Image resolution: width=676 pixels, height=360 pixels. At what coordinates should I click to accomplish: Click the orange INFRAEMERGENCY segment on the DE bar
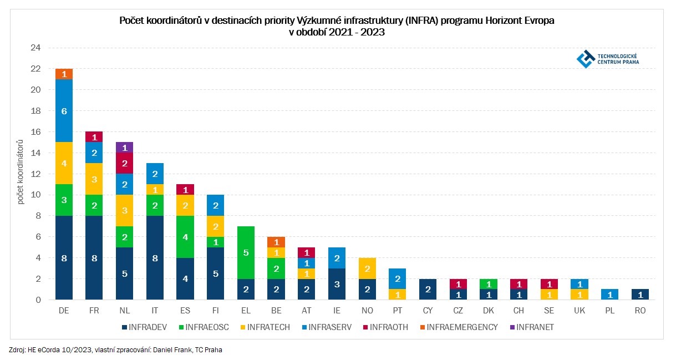click(64, 74)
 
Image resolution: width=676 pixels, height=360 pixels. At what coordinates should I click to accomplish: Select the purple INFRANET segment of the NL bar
click(124, 148)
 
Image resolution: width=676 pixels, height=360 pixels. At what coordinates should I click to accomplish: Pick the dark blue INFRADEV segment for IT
click(155, 258)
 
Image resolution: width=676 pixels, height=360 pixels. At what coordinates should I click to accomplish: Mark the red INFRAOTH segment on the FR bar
click(94, 137)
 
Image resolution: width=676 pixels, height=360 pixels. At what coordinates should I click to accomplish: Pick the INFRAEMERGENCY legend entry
click(460, 327)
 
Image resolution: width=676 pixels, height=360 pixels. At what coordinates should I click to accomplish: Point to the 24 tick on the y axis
click(35, 48)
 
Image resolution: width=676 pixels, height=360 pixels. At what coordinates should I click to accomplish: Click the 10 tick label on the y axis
click(35, 195)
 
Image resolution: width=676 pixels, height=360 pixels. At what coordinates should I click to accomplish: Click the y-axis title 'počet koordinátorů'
click(21, 174)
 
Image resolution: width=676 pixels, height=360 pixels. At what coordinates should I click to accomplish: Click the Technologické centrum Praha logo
click(608, 59)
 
